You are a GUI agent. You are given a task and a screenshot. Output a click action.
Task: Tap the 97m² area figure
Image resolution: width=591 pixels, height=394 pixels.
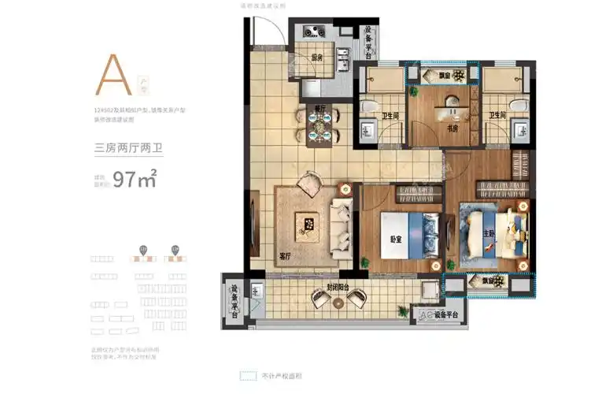click(x=135, y=179)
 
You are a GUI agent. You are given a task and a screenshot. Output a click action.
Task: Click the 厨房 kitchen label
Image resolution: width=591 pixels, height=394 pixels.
click(x=317, y=58)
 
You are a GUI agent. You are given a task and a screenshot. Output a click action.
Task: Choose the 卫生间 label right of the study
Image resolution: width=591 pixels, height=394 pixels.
click(x=499, y=115)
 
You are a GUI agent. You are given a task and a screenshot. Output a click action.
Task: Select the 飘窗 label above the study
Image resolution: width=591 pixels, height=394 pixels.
click(x=445, y=76)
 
